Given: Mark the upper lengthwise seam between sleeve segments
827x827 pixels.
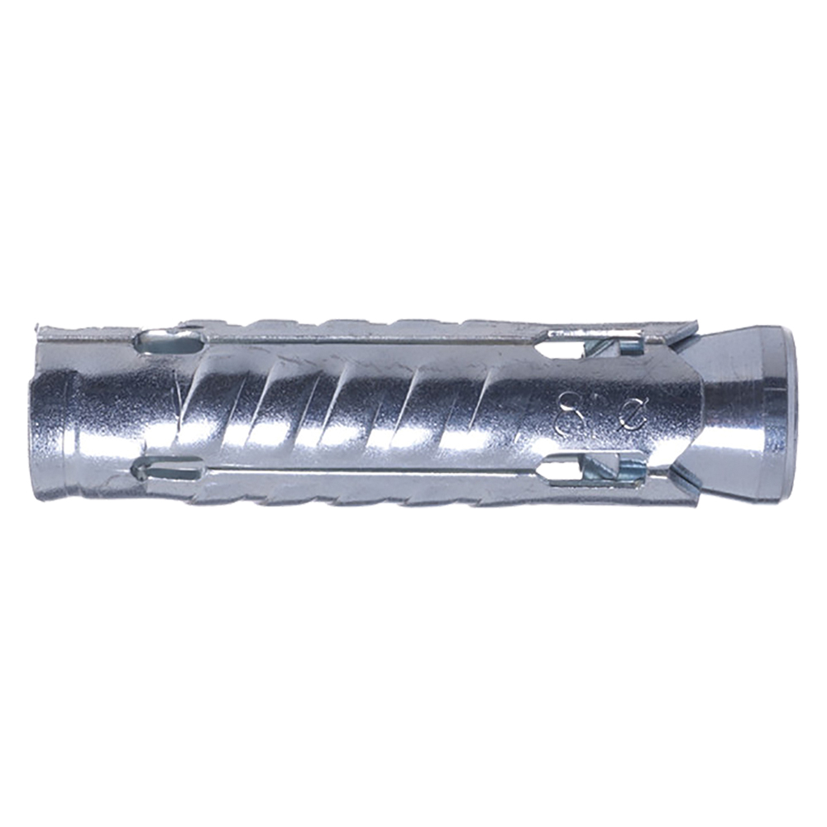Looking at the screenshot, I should tap(372, 339).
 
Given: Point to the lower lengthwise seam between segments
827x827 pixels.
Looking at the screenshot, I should tap(372, 474).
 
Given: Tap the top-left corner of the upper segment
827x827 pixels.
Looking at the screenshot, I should tap(40, 329).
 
